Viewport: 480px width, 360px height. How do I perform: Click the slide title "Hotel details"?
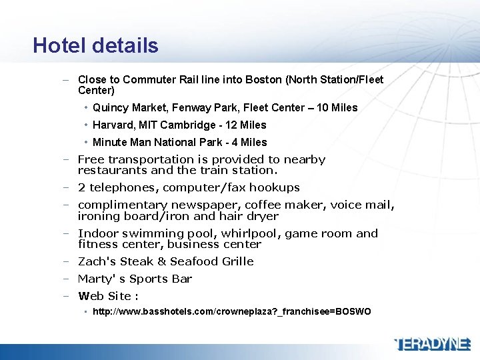pyautogui.click(x=95, y=45)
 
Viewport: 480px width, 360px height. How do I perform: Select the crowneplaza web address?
pyautogui.click(x=231, y=312)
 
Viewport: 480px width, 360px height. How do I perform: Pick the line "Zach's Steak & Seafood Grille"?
pyautogui.click(x=165, y=261)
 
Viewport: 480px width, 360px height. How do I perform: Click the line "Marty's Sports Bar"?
pyautogui.click(x=135, y=279)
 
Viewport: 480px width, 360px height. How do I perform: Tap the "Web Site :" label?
pyautogui.click(x=108, y=296)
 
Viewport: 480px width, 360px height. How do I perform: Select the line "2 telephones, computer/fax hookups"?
pyautogui.click(x=189, y=187)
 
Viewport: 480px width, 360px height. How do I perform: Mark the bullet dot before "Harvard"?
pyautogui.click(x=87, y=125)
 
